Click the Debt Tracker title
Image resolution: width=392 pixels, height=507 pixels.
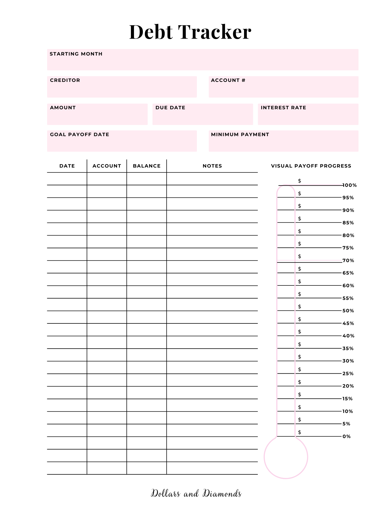(x=190, y=32)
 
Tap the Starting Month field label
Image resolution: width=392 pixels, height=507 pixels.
(x=76, y=54)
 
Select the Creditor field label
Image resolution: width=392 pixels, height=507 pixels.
(x=65, y=80)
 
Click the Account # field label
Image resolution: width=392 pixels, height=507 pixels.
(x=228, y=80)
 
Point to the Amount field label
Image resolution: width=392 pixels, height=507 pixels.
(x=63, y=107)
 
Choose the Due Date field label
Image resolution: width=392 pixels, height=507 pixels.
(x=170, y=107)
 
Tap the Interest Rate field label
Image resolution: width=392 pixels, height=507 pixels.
(x=283, y=107)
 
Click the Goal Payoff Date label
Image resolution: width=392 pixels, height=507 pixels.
(x=79, y=134)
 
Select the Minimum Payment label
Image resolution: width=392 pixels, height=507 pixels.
(x=240, y=134)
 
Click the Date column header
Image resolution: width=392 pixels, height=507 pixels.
(x=67, y=166)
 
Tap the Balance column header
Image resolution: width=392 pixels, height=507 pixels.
(x=147, y=166)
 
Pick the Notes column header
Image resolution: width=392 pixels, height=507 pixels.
(x=212, y=166)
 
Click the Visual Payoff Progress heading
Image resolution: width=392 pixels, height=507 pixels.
(x=311, y=166)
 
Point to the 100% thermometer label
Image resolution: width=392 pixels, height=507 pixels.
(x=349, y=185)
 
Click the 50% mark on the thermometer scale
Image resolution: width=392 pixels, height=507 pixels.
(x=348, y=311)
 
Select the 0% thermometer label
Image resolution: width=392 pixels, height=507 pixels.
(x=346, y=436)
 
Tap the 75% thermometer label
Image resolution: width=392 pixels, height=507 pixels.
(x=348, y=248)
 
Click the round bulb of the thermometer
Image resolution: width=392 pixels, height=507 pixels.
(x=286, y=457)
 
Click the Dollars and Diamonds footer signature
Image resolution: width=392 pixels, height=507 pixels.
(x=196, y=493)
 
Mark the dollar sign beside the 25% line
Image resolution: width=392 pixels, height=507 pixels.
(x=299, y=369)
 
